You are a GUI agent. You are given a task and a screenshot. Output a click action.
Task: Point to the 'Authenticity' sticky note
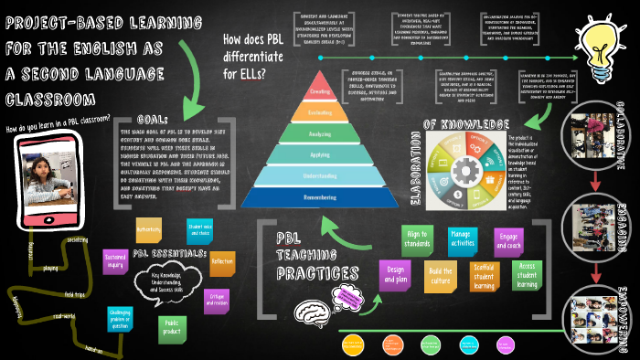[149, 226]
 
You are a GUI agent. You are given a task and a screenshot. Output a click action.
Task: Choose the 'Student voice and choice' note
[200, 228]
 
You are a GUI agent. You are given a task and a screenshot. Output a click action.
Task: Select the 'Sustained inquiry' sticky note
[115, 261]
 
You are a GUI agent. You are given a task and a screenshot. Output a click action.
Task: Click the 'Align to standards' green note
[418, 239]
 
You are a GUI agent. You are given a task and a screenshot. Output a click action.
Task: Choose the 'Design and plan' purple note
[395, 274]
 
